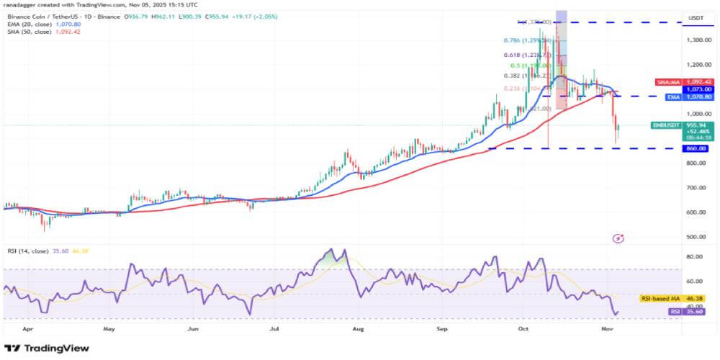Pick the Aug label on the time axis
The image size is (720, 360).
click(x=358, y=328)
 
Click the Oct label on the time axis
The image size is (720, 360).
click(x=525, y=328)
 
